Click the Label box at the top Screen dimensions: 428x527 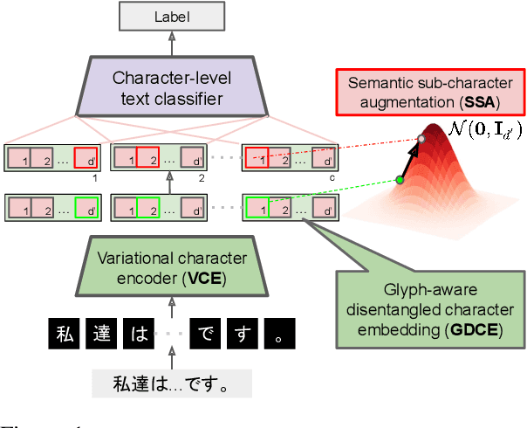172,16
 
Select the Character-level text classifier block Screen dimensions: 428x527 172,87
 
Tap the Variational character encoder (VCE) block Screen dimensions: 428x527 172,268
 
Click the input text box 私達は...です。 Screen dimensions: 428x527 171,384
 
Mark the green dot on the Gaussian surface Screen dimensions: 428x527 400,180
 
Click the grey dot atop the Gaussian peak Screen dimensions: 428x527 422,139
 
